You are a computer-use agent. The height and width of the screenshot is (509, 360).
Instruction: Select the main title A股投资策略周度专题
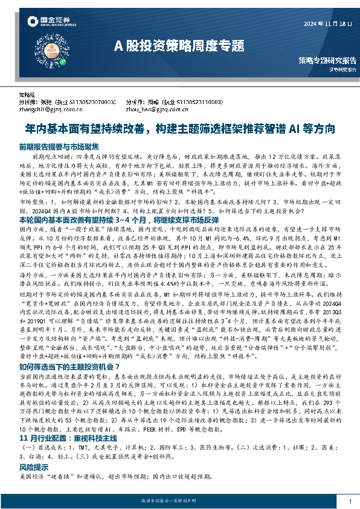[179, 45]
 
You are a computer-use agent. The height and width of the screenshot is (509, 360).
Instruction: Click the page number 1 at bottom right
[350, 502]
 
